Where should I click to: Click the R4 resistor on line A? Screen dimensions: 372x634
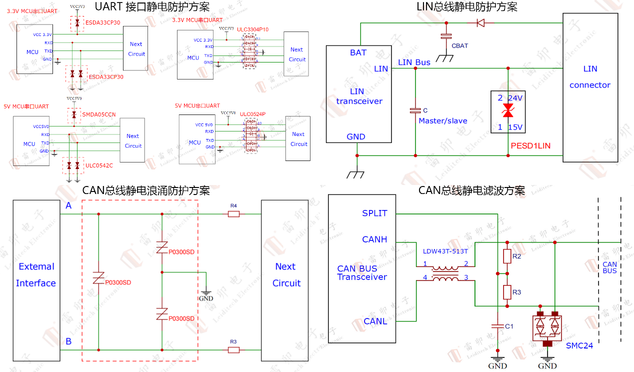pyautogui.click(x=233, y=214)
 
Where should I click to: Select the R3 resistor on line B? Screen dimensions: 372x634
pyautogui.click(x=233, y=349)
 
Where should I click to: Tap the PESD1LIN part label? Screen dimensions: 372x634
pyautogui.click(x=530, y=145)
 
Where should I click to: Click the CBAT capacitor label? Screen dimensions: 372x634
pyautogui.click(x=459, y=46)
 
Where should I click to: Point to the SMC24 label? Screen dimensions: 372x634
pyautogui.click(x=579, y=345)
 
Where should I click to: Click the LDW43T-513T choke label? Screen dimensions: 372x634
pyautogui.click(x=445, y=251)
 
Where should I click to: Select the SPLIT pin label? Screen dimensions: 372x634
pyautogui.click(x=374, y=213)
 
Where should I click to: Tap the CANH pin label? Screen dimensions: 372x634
pyautogui.click(x=374, y=239)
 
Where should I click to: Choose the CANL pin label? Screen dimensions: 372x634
pyautogui.click(x=375, y=321)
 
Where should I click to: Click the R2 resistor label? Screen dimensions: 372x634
pyautogui.click(x=516, y=256)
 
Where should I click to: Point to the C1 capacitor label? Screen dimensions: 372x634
pyautogui.click(x=509, y=326)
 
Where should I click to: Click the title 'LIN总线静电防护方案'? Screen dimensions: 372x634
pyautogui.click(x=467, y=7)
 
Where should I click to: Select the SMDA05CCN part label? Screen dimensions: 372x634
pyautogui.click(x=99, y=114)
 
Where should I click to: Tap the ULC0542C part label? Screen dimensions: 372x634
pyautogui.click(x=99, y=165)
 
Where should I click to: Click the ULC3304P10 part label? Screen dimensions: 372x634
pyautogui.click(x=252, y=29)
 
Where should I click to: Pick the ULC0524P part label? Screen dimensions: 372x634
pyautogui.click(x=252, y=114)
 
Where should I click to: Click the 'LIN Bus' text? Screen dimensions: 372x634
pyautogui.click(x=414, y=62)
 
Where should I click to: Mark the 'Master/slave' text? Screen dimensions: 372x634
pyautogui.click(x=442, y=121)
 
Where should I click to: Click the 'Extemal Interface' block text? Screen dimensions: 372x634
pyautogui.click(x=35, y=275)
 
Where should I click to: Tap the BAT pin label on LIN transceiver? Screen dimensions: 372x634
pyautogui.click(x=358, y=52)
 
